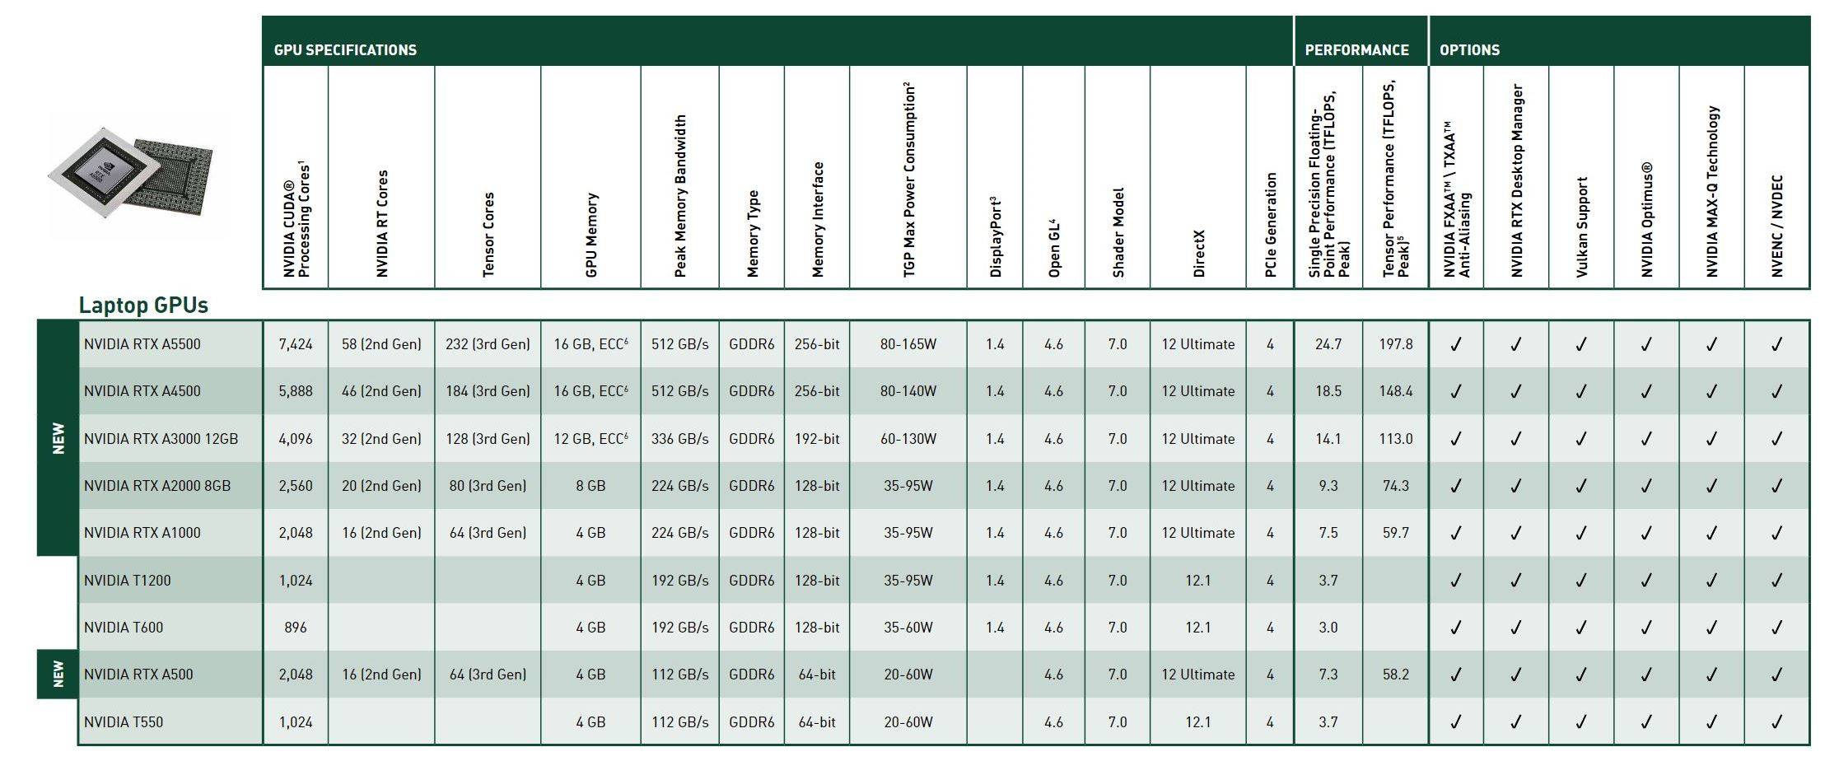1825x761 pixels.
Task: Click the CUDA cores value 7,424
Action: [x=296, y=344]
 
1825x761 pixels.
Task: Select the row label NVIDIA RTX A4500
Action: [x=142, y=391]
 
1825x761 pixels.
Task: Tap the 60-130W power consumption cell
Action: [x=908, y=439]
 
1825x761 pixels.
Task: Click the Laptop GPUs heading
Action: [x=143, y=306]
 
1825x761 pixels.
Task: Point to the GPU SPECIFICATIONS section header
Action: [x=345, y=50]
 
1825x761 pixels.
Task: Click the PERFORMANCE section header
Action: [x=1356, y=50]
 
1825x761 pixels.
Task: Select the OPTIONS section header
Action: [x=1469, y=50]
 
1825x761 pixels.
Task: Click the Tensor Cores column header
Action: [x=488, y=235]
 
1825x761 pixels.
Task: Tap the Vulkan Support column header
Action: [x=1581, y=226]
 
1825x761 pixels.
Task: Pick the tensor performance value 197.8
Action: [x=1396, y=344]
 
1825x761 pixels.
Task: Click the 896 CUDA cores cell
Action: [x=296, y=628]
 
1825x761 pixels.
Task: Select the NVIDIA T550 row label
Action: [x=124, y=722]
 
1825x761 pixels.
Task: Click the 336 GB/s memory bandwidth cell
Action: [x=679, y=439]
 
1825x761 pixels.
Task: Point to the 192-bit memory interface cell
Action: [x=817, y=439]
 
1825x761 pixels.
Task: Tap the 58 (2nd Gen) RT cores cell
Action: [x=381, y=344]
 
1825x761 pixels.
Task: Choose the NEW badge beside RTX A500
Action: [x=58, y=675]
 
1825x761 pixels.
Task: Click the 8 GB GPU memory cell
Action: [x=590, y=486]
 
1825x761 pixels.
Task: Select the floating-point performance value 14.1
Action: [x=1328, y=439]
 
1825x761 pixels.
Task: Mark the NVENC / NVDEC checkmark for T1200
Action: [x=1776, y=581]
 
